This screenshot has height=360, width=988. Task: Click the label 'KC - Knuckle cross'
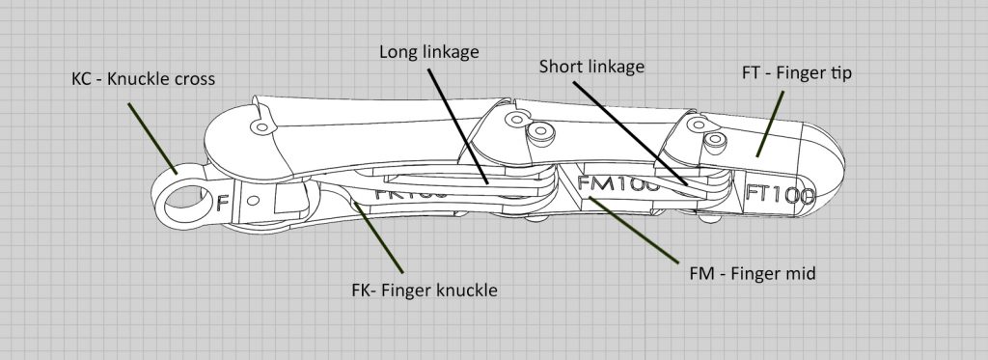[143, 77]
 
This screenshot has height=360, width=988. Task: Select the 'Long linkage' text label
[428, 50]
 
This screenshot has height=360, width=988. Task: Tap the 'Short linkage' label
[590, 67]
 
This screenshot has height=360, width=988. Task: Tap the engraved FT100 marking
[780, 192]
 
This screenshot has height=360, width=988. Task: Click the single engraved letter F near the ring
[223, 204]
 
